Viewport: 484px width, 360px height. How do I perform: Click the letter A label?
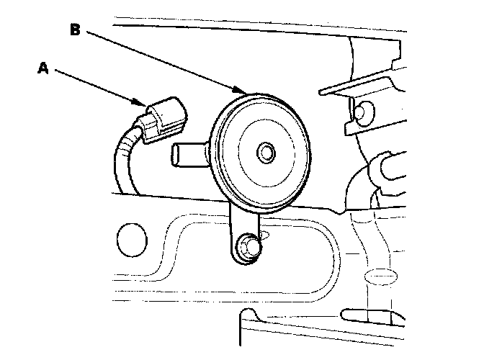43,68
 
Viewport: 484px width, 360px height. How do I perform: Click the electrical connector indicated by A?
163,120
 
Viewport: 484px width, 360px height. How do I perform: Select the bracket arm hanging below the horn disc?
238,230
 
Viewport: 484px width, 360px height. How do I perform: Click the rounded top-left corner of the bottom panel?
248,314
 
